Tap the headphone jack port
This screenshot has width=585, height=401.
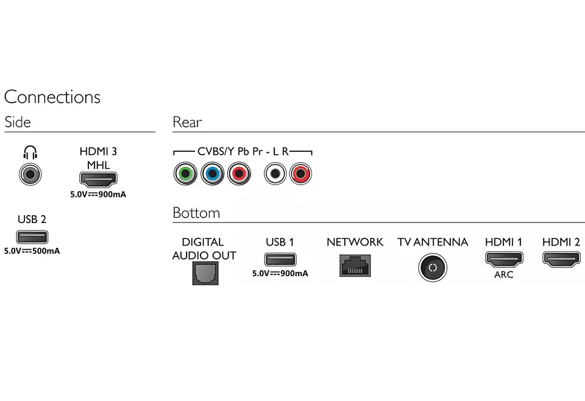tap(30, 175)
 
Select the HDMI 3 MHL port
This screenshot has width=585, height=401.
tap(97, 179)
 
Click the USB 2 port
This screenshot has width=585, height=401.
tap(32, 236)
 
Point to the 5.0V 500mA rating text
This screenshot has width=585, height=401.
tap(32, 251)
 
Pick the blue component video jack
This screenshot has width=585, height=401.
tap(211, 174)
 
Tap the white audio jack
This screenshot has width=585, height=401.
tap(275, 174)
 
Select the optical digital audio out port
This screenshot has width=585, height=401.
tap(205, 274)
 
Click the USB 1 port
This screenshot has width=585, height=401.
tap(280, 259)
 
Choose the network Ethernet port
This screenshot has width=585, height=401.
tap(355, 266)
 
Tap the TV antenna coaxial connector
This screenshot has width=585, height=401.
tap(433, 268)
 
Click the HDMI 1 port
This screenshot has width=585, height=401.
tap(503, 258)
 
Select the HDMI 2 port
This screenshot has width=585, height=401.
tap(561, 258)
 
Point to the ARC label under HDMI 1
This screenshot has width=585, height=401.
tap(503, 275)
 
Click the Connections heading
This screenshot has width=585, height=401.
tap(52, 97)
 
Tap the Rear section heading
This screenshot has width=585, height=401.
tap(187, 122)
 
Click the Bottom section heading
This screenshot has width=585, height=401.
tap(196, 213)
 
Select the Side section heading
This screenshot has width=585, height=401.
tap(18, 122)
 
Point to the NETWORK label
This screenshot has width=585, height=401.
tap(355, 242)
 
